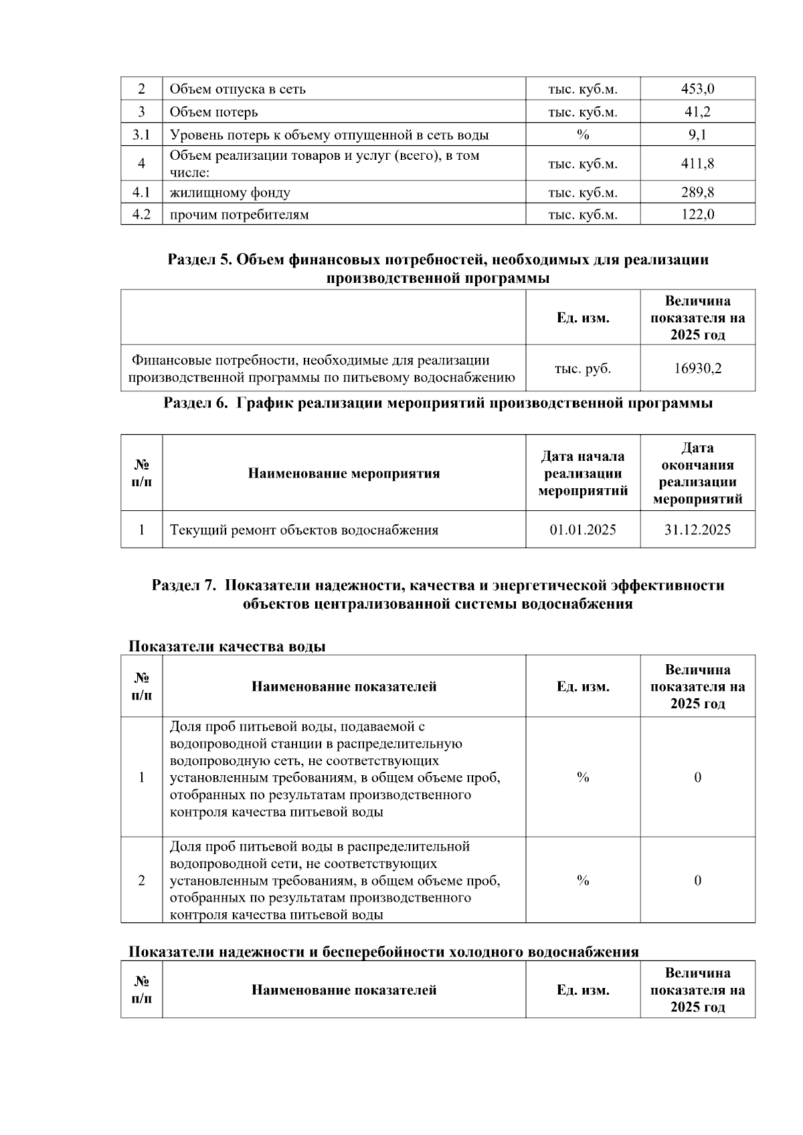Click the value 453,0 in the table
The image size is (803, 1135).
tap(697, 89)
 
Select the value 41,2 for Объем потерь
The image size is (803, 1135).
tap(697, 112)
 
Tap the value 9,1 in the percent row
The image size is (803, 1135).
tap(697, 135)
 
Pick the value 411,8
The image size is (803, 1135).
tap(697, 164)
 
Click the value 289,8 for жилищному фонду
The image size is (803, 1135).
tap(697, 193)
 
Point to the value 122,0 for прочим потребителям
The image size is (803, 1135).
tap(697, 215)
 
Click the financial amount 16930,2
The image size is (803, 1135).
tap(697, 368)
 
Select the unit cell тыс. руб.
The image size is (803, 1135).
tap(583, 368)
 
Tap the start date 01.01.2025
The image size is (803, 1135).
tap(583, 530)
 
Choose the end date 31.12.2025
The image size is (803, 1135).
tap(697, 530)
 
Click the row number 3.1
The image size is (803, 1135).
tap(141, 135)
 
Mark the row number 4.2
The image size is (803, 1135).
tap(141, 215)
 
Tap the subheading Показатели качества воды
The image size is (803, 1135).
tap(227, 647)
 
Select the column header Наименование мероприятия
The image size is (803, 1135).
tap(344, 474)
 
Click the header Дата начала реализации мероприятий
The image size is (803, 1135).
tap(583, 474)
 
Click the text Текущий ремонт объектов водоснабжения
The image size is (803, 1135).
tap(304, 530)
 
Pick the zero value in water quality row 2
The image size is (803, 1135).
tap(697, 880)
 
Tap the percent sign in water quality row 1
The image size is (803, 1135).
tap(583, 777)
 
